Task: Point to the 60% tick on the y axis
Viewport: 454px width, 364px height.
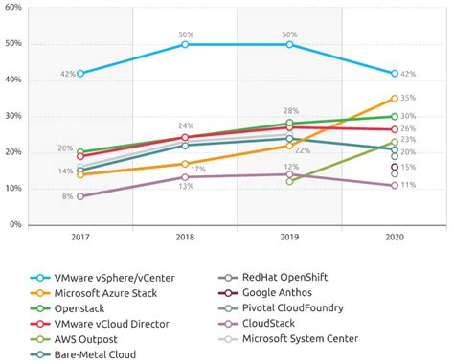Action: (x=14, y=8)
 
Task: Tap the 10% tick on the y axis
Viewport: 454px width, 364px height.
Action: (x=14, y=189)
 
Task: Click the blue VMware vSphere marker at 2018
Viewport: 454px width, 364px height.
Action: (x=185, y=44)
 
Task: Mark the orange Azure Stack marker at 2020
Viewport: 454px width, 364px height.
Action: (x=394, y=98)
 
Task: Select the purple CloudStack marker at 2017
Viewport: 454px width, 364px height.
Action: (x=80, y=195)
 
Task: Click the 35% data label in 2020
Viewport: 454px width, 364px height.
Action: (x=408, y=98)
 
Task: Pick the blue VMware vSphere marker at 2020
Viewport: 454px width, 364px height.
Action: (x=394, y=73)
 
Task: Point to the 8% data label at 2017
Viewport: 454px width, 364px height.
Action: (x=67, y=195)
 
